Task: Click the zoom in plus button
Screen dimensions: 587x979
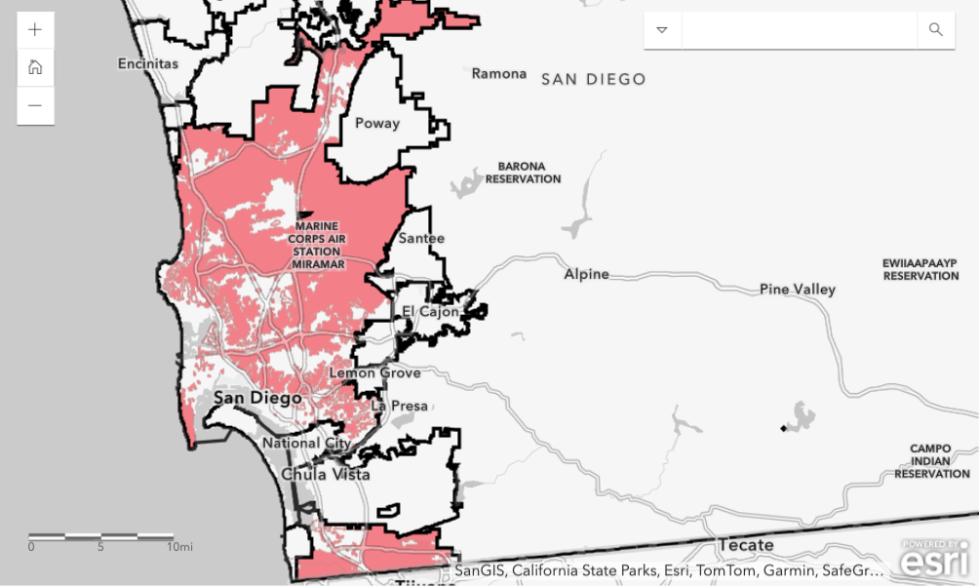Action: click(x=35, y=29)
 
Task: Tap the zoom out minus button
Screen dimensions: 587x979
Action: click(x=35, y=105)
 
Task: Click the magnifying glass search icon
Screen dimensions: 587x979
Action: click(x=935, y=29)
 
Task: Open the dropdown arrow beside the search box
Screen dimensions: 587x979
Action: click(x=662, y=29)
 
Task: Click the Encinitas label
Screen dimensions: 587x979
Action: click(x=148, y=63)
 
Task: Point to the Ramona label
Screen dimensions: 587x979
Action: click(x=498, y=73)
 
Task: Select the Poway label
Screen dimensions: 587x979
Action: click(x=377, y=123)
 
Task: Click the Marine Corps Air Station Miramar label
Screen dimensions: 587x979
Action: click(x=317, y=245)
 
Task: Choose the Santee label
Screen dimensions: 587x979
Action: click(x=421, y=238)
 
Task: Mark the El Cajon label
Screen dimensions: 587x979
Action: click(x=430, y=312)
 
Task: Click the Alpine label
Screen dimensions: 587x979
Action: click(x=586, y=274)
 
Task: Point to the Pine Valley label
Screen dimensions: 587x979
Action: click(x=798, y=289)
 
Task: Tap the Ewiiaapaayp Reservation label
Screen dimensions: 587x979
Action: click(x=920, y=269)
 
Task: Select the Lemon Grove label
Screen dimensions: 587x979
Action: click(x=374, y=372)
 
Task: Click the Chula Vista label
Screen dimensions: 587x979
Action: click(x=326, y=474)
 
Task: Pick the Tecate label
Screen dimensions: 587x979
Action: click(x=745, y=545)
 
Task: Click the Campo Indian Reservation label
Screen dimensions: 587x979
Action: click(x=931, y=461)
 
